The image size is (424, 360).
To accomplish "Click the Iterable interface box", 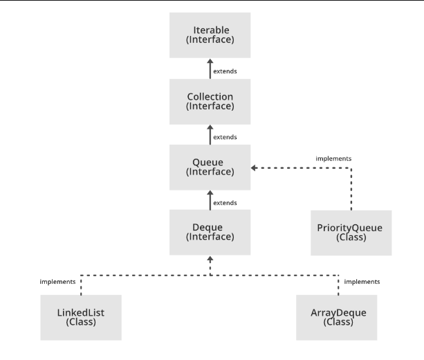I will pyautogui.click(x=210, y=35).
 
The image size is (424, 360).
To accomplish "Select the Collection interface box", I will pyautogui.click(x=210, y=101).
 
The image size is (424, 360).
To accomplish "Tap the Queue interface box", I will pyautogui.click(x=210, y=168).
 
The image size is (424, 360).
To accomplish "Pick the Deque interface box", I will pyautogui.click(x=210, y=232).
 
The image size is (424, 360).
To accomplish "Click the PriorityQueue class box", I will pyautogui.click(x=351, y=232).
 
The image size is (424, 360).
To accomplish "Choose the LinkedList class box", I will pyautogui.click(x=80, y=317).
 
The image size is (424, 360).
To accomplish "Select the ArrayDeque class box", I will pyautogui.click(x=338, y=317).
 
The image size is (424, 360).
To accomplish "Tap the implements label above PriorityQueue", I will pyautogui.click(x=333, y=159).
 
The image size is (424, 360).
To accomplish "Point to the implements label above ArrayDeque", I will pyautogui.click(x=362, y=282).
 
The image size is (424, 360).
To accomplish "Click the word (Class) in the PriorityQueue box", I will pyautogui.click(x=351, y=237).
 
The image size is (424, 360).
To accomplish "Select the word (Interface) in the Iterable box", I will pyautogui.click(x=210, y=41).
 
